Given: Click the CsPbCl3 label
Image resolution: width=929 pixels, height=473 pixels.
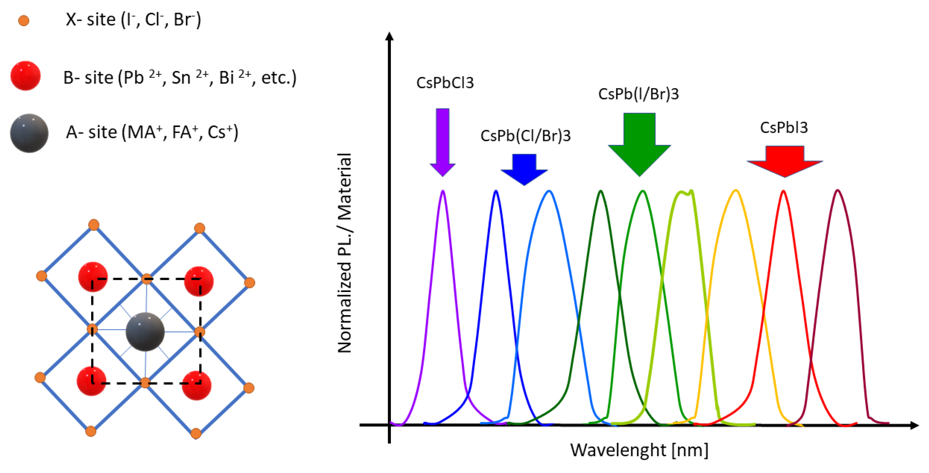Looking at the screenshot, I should tap(445, 83).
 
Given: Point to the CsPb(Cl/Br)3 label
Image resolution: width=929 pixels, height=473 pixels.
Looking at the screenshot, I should tap(526, 136).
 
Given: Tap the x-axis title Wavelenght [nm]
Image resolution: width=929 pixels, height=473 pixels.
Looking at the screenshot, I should tap(639, 450).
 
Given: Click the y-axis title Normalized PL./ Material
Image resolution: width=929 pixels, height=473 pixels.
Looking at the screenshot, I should tap(344, 253).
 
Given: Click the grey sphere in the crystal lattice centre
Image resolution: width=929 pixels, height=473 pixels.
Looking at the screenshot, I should tap(145, 331).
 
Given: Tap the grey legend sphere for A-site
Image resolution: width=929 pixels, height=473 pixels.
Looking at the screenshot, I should tap(29, 133).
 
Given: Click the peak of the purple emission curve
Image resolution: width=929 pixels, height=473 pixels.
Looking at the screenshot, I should tap(443, 191).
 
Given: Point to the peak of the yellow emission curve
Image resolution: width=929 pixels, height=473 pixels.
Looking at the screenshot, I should tap(736, 190).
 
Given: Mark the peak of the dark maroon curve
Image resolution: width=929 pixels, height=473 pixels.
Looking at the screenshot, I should tap(837, 190).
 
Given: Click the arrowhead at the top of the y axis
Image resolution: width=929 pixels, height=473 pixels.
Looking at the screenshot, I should tap(389, 36).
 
